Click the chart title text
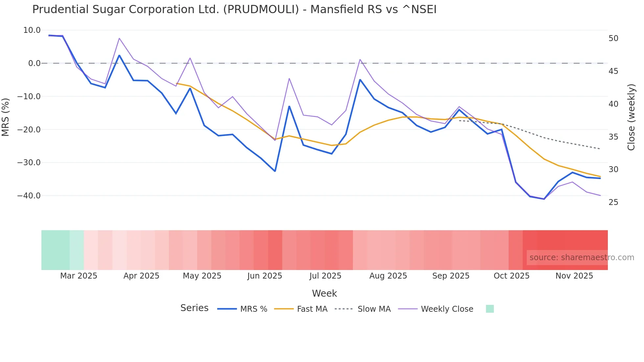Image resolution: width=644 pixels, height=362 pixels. [234, 10]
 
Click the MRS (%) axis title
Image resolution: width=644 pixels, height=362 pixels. [6, 117]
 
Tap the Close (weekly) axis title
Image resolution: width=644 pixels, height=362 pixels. [631, 117]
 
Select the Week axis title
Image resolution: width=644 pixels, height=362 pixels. [324, 293]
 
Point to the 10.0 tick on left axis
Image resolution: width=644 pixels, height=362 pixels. [32, 30]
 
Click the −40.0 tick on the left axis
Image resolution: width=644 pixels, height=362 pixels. [29, 196]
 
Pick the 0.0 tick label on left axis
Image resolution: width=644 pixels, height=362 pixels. [34, 63]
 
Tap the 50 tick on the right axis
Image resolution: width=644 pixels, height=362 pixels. [613, 38]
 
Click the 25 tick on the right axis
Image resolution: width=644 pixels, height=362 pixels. [613, 202]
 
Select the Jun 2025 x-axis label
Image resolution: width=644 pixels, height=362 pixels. [264, 276]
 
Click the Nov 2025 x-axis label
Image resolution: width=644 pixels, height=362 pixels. [574, 276]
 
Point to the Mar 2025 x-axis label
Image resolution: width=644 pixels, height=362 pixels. [79, 276]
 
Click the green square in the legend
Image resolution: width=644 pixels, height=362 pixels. [490, 309]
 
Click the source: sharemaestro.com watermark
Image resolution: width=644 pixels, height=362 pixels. [582, 258]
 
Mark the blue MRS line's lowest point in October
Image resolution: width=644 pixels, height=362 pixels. [544, 199]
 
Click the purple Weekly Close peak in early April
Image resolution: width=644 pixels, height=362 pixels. [119, 38]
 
